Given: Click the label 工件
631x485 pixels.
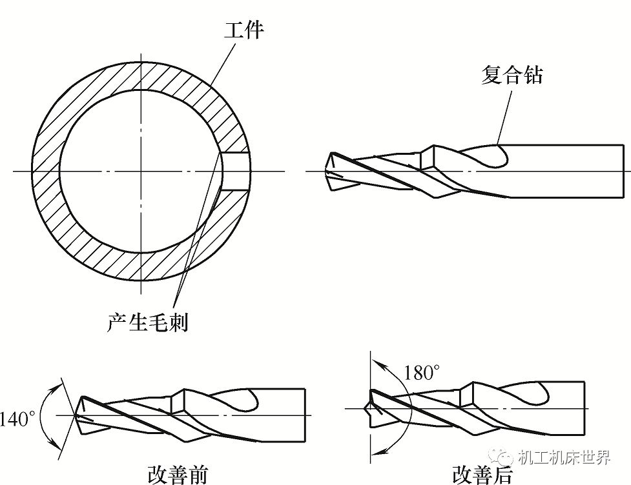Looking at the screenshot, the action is point(243,30).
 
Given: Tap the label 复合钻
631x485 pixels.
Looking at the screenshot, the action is point(512,75).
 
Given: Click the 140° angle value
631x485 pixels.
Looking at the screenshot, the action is point(19,419).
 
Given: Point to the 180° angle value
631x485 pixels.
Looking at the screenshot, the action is point(422,373).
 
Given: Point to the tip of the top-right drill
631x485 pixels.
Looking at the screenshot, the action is point(328,172).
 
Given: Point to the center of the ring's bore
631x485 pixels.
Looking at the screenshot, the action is point(139,171).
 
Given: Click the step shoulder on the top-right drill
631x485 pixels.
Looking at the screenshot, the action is point(425,159).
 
